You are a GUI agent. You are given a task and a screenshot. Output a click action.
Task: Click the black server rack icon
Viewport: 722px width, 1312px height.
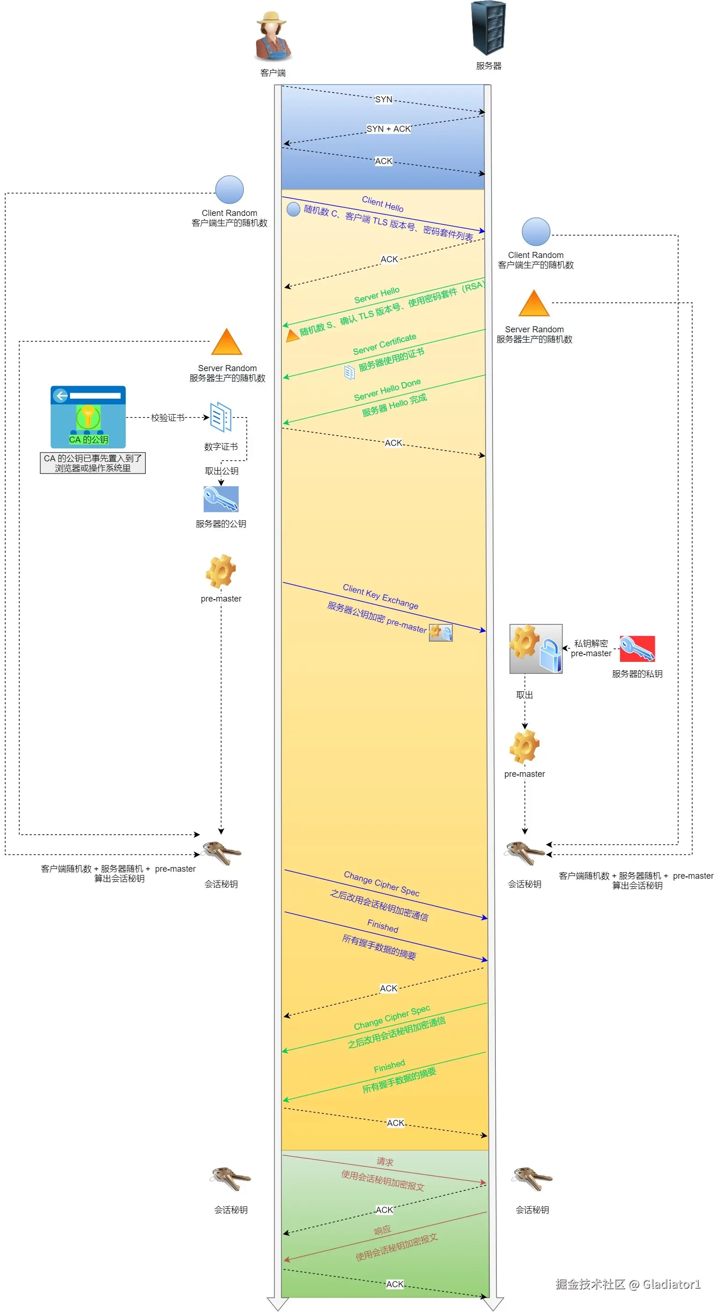pos(488,28)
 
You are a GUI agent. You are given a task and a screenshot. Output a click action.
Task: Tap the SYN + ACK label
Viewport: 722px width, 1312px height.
pos(388,129)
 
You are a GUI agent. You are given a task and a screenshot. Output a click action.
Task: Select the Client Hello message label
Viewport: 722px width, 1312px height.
pos(382,204)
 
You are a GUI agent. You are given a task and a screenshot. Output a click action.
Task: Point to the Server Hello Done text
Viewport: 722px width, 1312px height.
pos(387,390)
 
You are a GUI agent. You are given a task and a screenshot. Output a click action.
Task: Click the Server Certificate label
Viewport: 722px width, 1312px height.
pos(385,345)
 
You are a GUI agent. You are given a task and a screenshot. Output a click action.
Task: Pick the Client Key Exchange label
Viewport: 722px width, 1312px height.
pos(380,596)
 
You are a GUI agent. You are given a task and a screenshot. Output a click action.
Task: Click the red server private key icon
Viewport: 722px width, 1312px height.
pos(637,648)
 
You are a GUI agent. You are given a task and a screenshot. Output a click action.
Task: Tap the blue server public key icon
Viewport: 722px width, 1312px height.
pos(221,499)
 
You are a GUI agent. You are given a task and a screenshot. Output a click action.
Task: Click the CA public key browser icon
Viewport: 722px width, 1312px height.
pos(88,416)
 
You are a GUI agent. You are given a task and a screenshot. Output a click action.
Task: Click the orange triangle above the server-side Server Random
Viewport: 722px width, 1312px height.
pos(534,303)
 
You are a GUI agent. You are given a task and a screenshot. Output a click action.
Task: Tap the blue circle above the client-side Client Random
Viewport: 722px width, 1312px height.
pos(229,190)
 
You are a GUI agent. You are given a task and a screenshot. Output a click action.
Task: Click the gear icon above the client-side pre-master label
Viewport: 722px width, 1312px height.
pos(221,571)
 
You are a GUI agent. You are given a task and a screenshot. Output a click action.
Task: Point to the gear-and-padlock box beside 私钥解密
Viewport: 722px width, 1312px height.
pos(536,648)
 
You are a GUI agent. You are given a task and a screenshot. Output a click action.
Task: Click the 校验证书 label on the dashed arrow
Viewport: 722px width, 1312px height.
pos(167,418)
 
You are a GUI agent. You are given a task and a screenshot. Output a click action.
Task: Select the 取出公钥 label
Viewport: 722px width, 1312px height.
pos(222,471)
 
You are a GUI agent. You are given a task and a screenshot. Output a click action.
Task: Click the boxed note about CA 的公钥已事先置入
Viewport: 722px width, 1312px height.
pos(93,463)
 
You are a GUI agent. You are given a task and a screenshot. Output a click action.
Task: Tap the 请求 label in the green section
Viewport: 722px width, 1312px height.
pos(385,1162)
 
